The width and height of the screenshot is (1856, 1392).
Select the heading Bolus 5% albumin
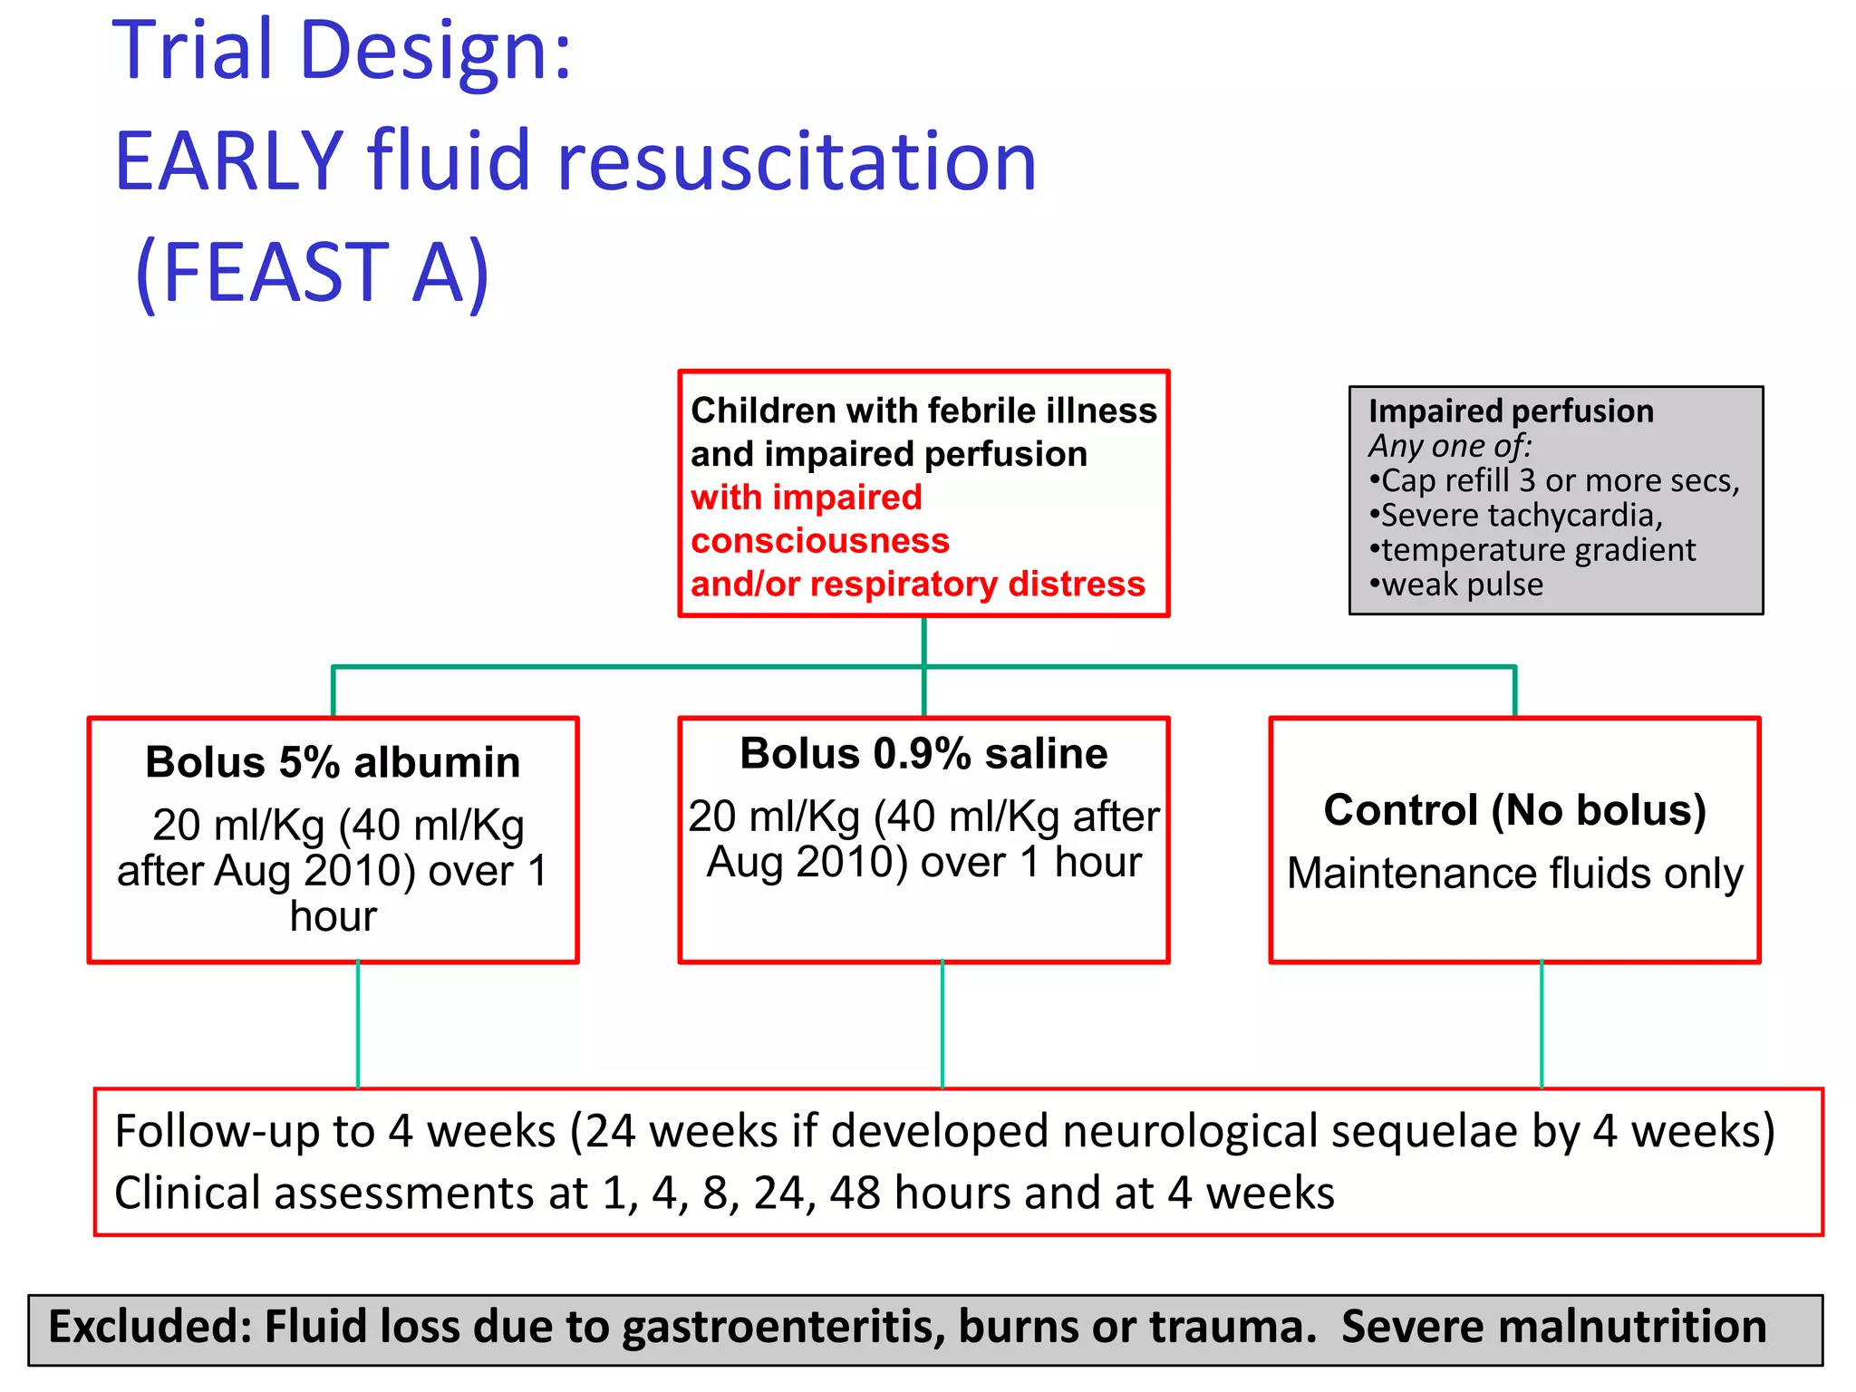[x=333, y=762]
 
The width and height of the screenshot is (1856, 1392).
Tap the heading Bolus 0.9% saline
[x=923, y=754]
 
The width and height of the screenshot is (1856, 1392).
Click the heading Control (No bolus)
[x=1514, y=809]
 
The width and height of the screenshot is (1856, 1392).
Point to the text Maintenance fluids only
[x=1514, y=874]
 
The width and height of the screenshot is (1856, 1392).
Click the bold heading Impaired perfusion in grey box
[x=1511, y=411]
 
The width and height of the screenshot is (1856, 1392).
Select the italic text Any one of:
[x=1450, y=446]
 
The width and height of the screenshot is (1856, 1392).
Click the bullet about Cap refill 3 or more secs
[x=1555, y=480]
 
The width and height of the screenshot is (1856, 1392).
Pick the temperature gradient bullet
[x=1532, y=550]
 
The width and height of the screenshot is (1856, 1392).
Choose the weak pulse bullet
[x=1456, y=585]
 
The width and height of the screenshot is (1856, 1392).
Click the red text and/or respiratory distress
[x=917, y=584]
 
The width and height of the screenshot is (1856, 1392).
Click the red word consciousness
[x=820, y=541]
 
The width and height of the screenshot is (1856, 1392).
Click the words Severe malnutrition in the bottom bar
[x=1553, y=1326]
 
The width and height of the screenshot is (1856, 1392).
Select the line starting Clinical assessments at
[x=723, y=1193]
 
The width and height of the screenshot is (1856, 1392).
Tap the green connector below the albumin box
[x=358, y=1024]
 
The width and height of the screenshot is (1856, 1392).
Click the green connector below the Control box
[x=1542, y=1024]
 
